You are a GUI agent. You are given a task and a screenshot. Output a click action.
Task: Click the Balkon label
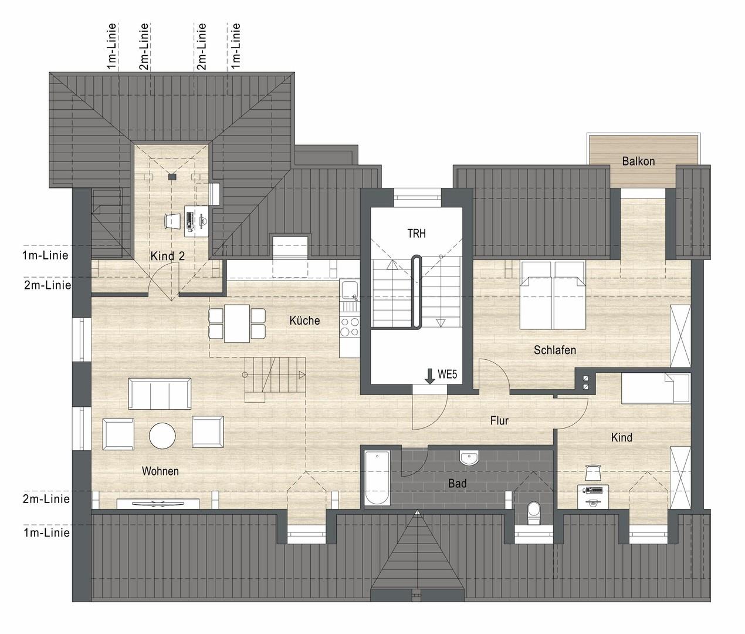click(638, 161)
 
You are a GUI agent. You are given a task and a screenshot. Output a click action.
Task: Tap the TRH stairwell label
click(416, 233)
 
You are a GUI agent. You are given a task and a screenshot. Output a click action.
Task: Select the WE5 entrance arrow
click(429, 376)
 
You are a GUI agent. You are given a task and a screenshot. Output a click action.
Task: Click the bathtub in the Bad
click(377, 477)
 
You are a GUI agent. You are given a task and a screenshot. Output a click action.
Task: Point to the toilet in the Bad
click(533, 513)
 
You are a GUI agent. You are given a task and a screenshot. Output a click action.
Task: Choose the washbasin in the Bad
click(469, 458)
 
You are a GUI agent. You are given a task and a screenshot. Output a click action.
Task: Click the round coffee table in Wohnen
click(162, 436)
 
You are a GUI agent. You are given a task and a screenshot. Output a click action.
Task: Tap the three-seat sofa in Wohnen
click(160, 394)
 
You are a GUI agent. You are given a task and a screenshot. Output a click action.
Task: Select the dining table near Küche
click(237, 323)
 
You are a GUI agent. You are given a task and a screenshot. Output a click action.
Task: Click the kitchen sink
click(349, 291)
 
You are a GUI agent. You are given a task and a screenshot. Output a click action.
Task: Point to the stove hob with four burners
click(350, 328)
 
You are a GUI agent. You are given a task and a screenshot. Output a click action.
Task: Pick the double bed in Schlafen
click(553, 295)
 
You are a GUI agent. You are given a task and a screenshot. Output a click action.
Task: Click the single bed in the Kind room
click(656, 388)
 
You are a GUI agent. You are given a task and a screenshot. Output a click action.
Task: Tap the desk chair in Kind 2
click(172, 221)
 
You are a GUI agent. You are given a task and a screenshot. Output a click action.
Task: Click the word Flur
click(499, 420)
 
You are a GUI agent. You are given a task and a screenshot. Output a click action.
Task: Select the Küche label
click(304, 321)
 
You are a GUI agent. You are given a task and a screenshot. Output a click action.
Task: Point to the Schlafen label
click(555, 350)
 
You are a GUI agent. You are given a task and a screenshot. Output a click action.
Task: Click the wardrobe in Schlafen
click(680, 336)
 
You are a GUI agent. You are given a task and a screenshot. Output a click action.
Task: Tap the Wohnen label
click(160, 471)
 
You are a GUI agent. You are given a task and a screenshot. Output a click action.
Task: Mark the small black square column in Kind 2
click(172, 177)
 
